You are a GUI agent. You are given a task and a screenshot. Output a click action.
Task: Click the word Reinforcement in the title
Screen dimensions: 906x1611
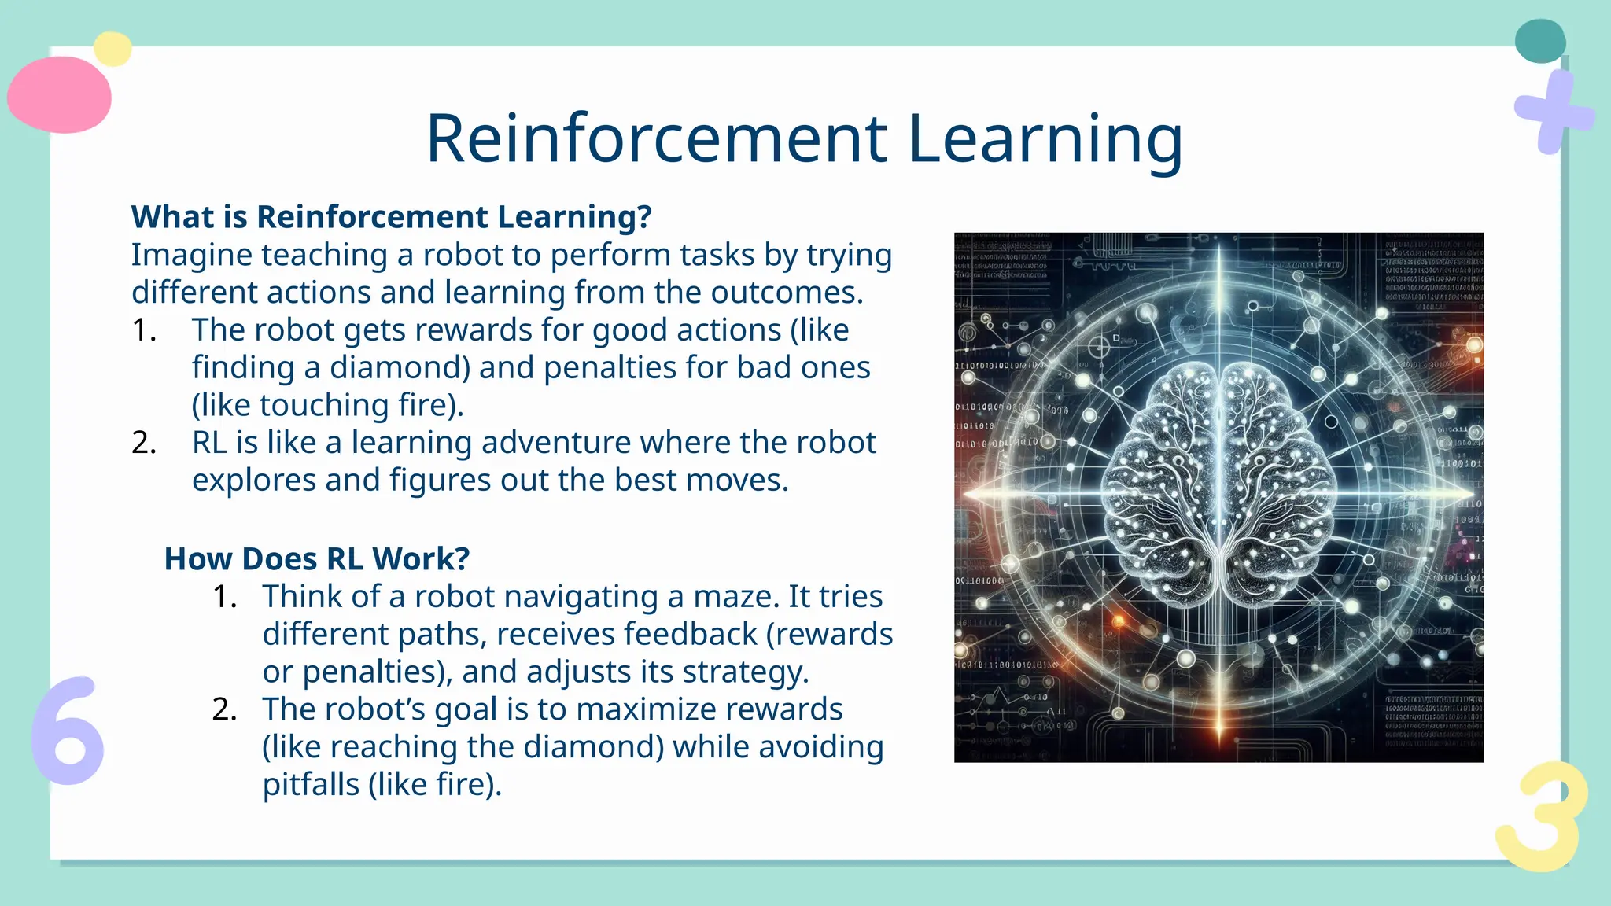[x=657, y=138]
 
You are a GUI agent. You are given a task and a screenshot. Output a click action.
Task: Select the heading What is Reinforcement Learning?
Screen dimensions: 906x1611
[x=391, y=217]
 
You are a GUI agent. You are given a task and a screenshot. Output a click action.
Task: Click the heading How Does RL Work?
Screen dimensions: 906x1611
[x=316, y=559]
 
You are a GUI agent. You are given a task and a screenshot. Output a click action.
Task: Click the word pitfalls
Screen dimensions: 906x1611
[x=311, y=785]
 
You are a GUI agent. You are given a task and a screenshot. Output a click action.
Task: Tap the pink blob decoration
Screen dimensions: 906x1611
[x=59, y=95]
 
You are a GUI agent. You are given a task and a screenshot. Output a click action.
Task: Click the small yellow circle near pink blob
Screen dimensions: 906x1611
[x=112, y=49]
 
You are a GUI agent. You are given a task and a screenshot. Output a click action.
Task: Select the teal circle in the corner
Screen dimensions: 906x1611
[x=1539, y=41]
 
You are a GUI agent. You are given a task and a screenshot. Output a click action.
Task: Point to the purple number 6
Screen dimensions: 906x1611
[x=68, y=731]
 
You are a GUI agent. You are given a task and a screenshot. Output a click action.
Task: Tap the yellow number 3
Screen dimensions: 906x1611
[x=1540, y=818]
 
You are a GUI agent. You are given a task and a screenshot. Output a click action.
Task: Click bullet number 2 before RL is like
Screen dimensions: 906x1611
[x=144, y=444]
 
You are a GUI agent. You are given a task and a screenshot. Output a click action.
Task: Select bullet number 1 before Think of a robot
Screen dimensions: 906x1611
[x=224, y=597]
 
